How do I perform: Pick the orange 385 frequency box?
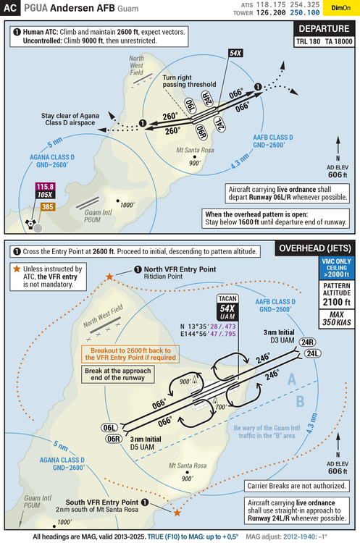point(47,207)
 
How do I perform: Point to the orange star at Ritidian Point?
point(109,277)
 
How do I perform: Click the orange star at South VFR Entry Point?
point(177,512)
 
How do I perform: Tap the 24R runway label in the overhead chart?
point(307,342)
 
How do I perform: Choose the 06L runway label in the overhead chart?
point(111,428)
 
